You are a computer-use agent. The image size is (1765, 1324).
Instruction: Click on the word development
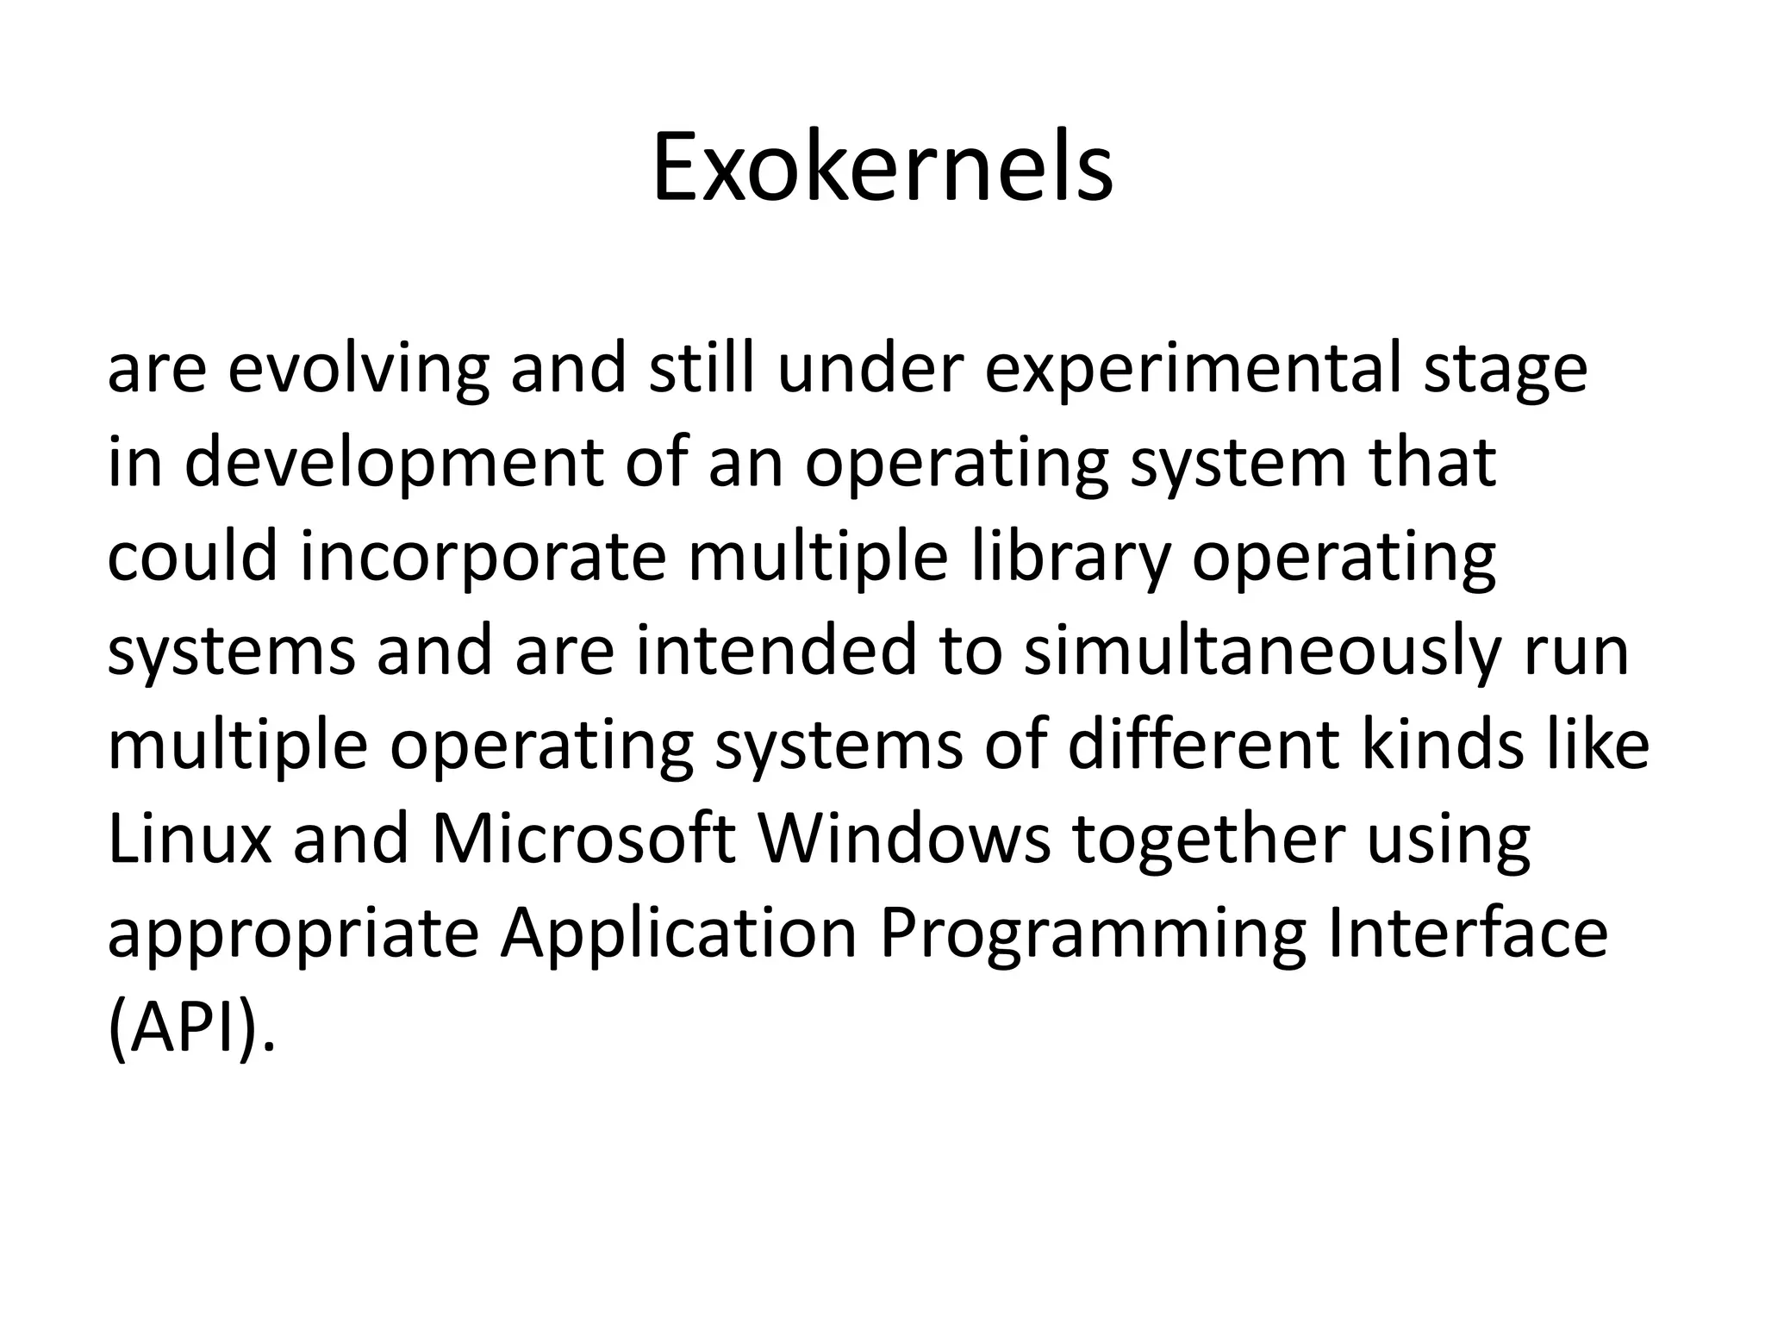coord(394,464)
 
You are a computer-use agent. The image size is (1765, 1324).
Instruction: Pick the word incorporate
coord(483,557)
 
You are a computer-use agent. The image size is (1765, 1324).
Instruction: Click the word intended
coord(776,651)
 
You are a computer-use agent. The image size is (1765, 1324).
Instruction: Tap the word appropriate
coord(293,933)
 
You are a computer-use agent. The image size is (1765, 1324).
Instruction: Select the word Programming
coord(1092,933)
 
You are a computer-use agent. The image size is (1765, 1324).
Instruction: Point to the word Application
coord(679,933)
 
